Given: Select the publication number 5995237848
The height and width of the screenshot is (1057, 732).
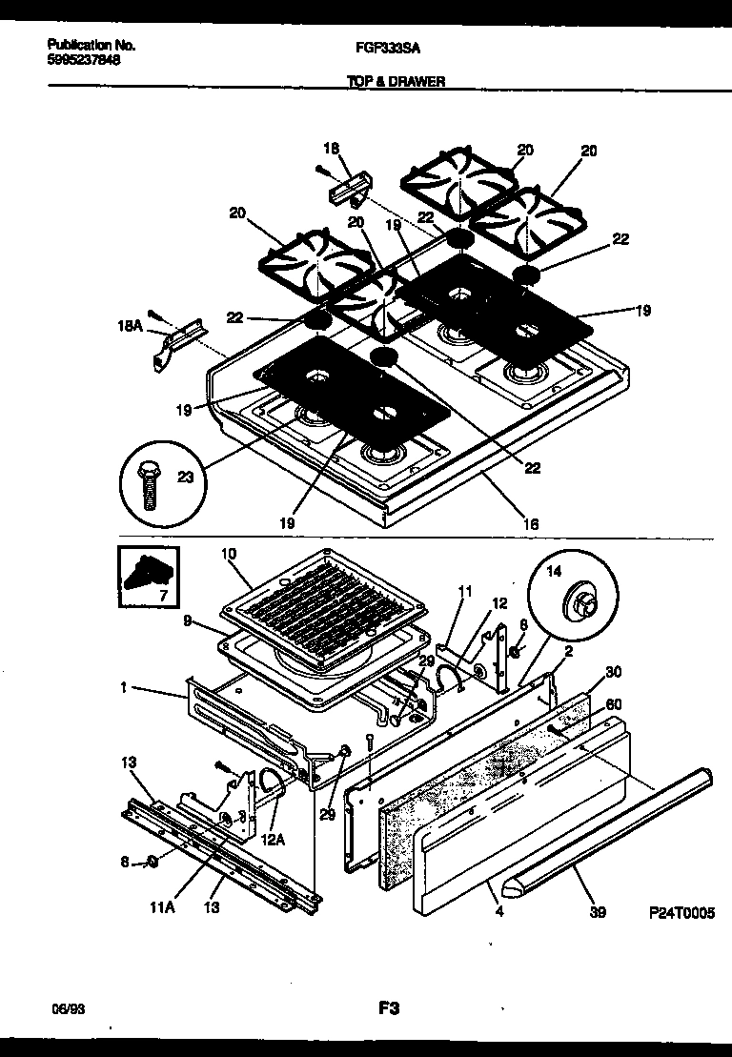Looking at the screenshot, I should pos(84,59).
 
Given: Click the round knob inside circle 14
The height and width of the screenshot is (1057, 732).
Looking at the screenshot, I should pos(581,601).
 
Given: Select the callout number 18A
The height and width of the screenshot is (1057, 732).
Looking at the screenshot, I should pos(129,326).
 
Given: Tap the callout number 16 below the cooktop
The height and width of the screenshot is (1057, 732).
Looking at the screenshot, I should pos(531,523).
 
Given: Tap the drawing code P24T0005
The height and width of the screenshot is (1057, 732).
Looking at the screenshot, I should pos(681,912).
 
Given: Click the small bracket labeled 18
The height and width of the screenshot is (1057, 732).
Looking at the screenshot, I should pos(347,189).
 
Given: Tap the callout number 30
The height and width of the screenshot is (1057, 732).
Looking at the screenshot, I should pos(613,673).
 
